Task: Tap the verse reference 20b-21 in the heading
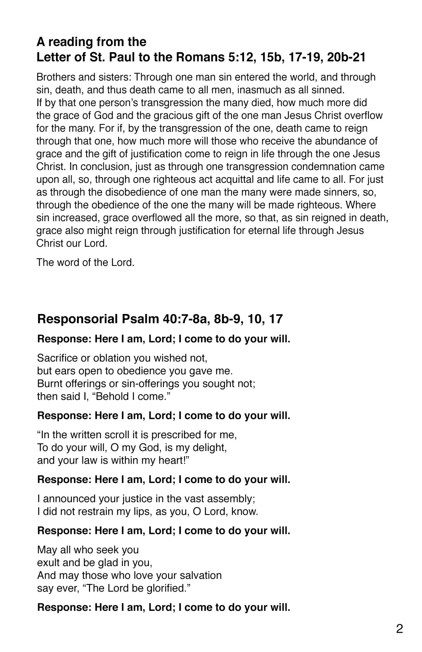click(x=346, y=58)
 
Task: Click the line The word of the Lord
click(x=85, y=263)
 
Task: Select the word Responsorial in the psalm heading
click(x=77, y=319)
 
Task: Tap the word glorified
click(x=165, y=588)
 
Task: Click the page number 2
click(x=399, y=629)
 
